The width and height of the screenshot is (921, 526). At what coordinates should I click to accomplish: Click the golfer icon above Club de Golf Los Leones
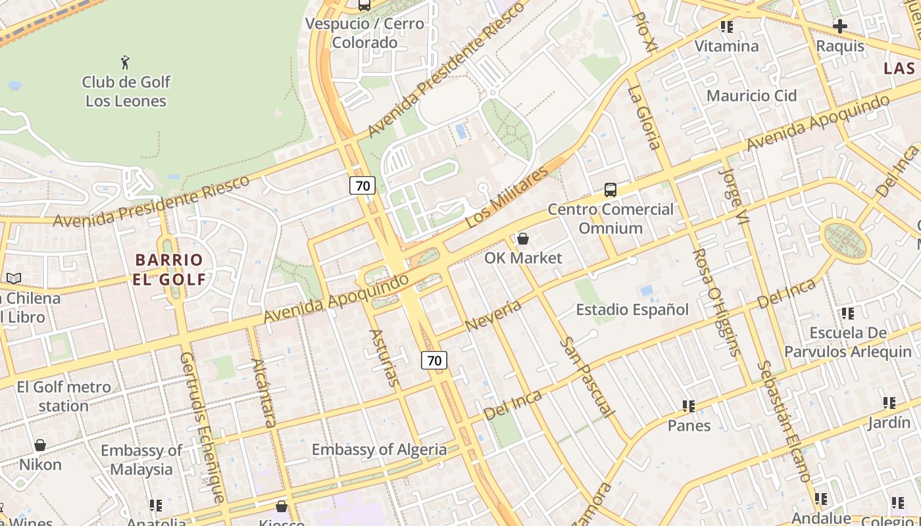tap(125, 63)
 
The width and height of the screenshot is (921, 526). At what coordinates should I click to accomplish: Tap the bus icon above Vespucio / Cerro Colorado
tap(364, 5)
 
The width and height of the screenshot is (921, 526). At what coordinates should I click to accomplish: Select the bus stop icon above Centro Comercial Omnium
tap(610, 190)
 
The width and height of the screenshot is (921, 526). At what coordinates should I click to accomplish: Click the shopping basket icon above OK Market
tap(523, 239)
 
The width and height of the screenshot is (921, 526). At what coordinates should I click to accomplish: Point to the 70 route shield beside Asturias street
tap(434, 360)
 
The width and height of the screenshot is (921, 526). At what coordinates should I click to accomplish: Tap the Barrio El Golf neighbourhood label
tap(170, 269)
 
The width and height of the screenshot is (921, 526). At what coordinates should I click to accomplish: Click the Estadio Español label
tap(632, 309)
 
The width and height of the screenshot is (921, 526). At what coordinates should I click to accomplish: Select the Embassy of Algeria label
tap(379, 450)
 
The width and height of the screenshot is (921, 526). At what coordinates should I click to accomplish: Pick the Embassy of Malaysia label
tap(141, 460)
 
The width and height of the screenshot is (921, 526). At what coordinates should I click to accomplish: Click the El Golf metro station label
tap(64, 396)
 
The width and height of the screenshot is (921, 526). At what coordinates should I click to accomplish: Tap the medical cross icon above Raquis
tap(839, 26)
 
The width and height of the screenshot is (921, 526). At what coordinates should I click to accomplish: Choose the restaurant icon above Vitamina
tap(727, 27)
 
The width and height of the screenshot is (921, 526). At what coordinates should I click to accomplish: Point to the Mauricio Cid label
tap(751, 95)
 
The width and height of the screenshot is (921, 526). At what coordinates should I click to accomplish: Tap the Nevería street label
tap(493, 316)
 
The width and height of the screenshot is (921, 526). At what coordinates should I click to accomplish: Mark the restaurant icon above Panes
tap(689, 406)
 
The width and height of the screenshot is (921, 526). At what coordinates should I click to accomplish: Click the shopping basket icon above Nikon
tap(40, 445)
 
